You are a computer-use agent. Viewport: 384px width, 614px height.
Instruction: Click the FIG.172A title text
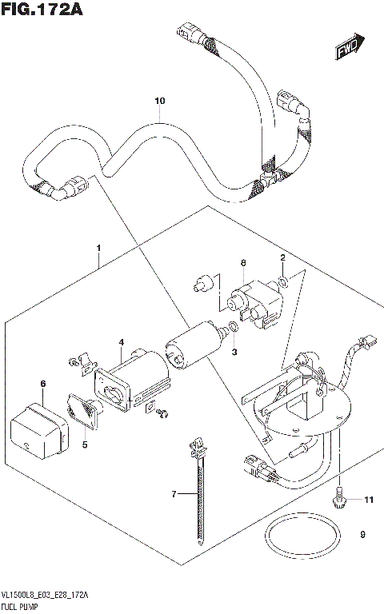coord(42,10)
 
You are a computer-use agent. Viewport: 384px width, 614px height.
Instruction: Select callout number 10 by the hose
coord(159,101)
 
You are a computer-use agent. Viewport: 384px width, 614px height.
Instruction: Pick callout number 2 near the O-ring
coord(282,257)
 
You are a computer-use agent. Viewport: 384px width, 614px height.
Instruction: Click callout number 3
coord(234,353)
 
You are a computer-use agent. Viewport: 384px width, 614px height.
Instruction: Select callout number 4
coord(121,343)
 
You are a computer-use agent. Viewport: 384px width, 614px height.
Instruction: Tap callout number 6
coord(43,384)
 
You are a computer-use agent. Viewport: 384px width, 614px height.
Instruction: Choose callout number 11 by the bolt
coord(368,500)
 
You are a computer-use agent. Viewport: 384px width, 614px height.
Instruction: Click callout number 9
coord(362,535)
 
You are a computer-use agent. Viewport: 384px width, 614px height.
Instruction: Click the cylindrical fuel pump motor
coord(192,347)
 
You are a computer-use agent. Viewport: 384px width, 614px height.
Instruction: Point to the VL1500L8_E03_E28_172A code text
coord(45,596)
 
